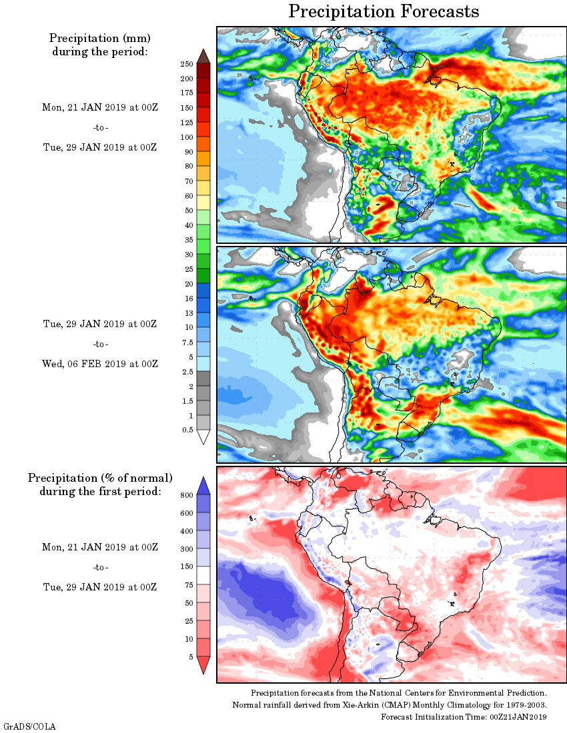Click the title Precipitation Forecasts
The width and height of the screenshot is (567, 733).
(384, 11)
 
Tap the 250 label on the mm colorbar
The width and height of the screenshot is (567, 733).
(187, 64)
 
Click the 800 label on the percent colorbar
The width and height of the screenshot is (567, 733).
(187, 495)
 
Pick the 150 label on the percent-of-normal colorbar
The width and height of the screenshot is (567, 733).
(187, 567)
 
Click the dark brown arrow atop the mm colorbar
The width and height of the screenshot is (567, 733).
(204, 56)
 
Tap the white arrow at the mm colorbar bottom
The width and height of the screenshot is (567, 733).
(204, 437)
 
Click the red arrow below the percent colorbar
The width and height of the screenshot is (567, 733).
(204, 665)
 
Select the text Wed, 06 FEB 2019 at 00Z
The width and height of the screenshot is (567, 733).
(100, 364)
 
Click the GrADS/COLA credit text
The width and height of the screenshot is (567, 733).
(30, 726)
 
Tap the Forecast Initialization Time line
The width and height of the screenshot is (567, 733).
(464, 716)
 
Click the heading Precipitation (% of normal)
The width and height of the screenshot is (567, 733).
(100, 478)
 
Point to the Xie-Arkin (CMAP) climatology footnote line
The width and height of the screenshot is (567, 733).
(390, 705)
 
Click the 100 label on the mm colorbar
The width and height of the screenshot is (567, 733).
(187, 137)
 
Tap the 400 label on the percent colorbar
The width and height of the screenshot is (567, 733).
(187, 531)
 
